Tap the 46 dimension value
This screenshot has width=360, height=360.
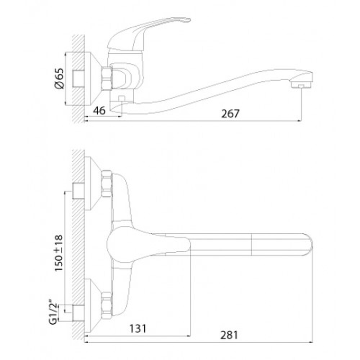click(x=99, y=111)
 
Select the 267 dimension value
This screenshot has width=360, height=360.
click(x=230, y=113)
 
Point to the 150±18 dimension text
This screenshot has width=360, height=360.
click(x=59, y=253)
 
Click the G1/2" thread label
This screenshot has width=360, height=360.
click(x=53, y=311)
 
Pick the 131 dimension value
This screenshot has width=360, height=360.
click(x=138, y=329)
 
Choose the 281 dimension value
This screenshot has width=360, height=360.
click(x=229, y=336)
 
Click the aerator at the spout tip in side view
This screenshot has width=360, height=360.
click(x=301, y=85)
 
